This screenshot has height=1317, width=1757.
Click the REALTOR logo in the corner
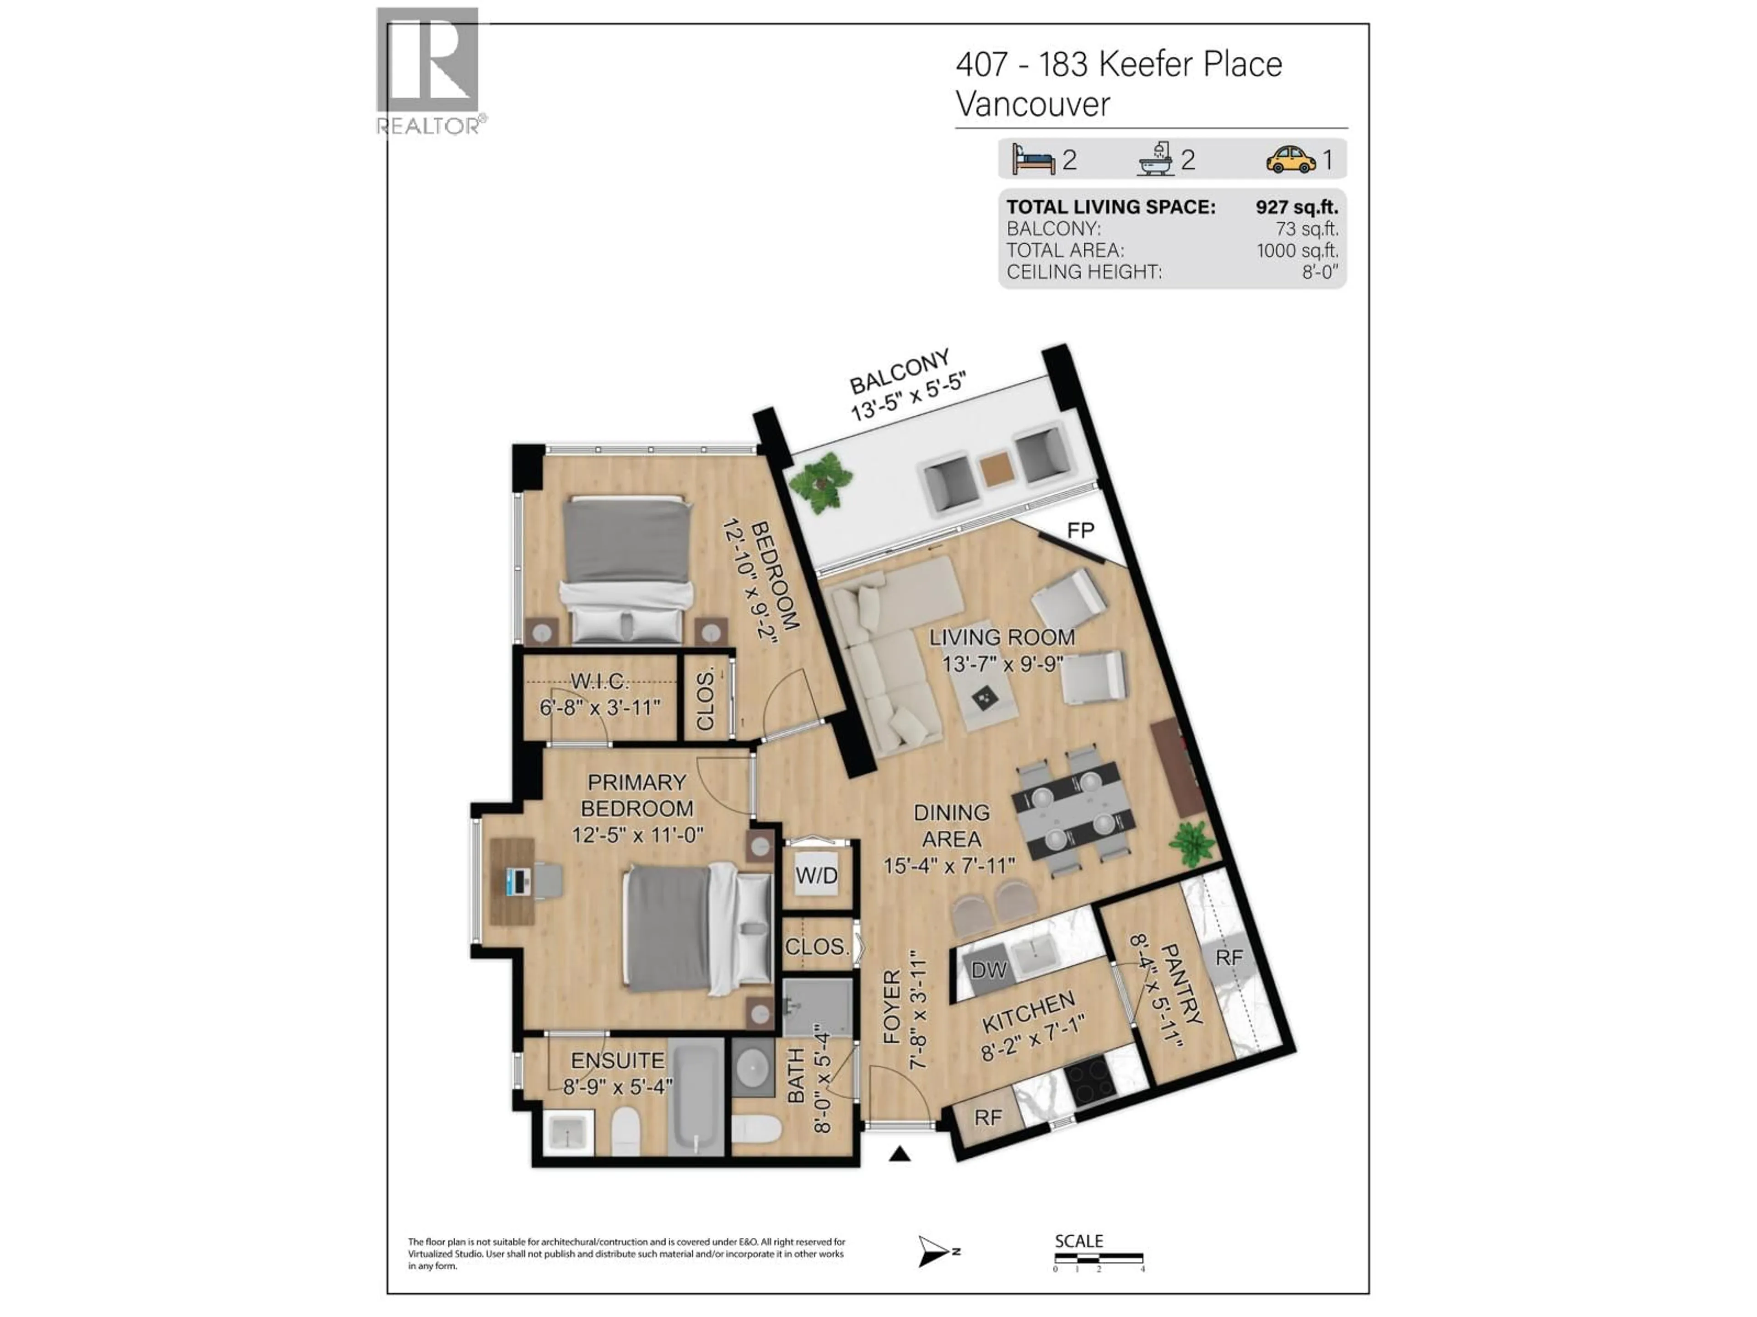[x=428, y=70]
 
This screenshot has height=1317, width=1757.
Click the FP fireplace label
[x=1080, y=530]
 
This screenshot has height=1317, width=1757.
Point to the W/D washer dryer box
[x=817, y=876]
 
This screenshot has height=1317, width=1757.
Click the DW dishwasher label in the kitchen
[x=989, y=969]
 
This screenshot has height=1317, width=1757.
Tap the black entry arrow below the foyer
[x=899, y=1154]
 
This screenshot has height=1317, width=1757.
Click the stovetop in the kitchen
[x=1090, y=1084]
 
